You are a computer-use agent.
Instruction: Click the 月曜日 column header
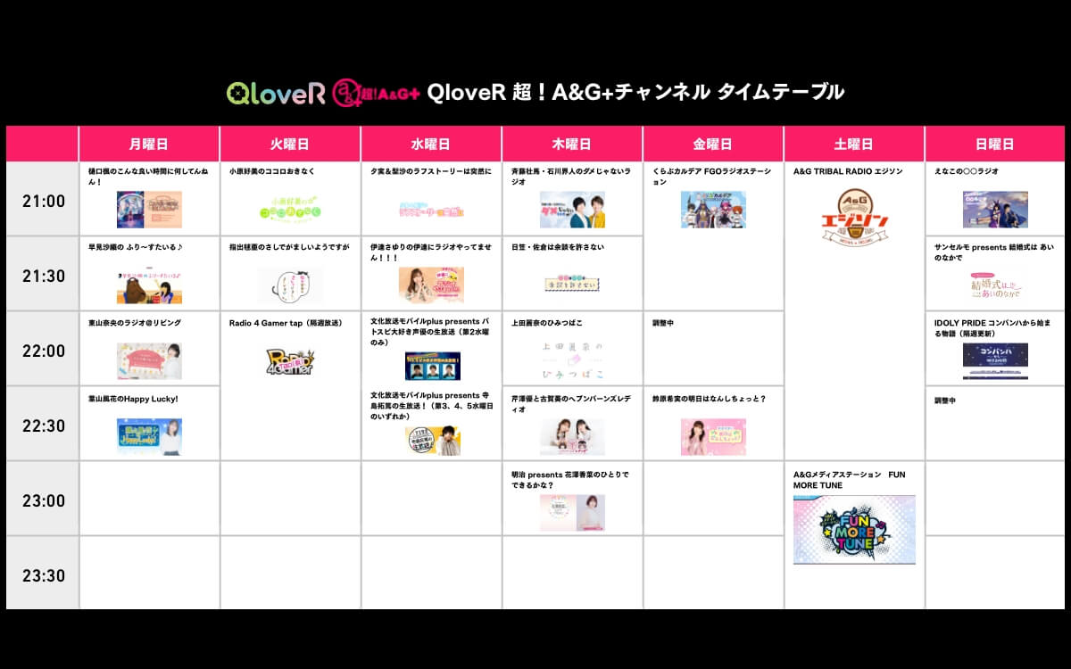point(148,144)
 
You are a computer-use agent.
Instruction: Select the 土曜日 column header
point(853,144)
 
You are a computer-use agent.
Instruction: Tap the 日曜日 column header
point(994,144)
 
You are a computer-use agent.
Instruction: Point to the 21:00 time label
point(43,201)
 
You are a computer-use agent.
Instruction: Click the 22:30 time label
point(43,425)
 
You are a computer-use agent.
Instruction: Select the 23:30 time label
point(43,575)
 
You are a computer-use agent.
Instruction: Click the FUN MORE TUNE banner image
point(853,530)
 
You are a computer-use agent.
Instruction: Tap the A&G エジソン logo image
point(853,215)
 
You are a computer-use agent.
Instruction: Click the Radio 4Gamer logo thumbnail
point(290,361)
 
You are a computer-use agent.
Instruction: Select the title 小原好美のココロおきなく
point(271,170)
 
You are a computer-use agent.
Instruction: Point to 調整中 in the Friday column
point(664,322)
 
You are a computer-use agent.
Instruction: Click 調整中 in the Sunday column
point(945,401)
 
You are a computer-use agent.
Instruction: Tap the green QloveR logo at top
point(276,93)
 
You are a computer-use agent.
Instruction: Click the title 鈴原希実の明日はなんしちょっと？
point(709,399)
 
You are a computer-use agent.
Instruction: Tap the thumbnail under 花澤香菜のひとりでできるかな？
point(572,513)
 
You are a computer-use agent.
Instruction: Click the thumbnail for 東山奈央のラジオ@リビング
point(149,361)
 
